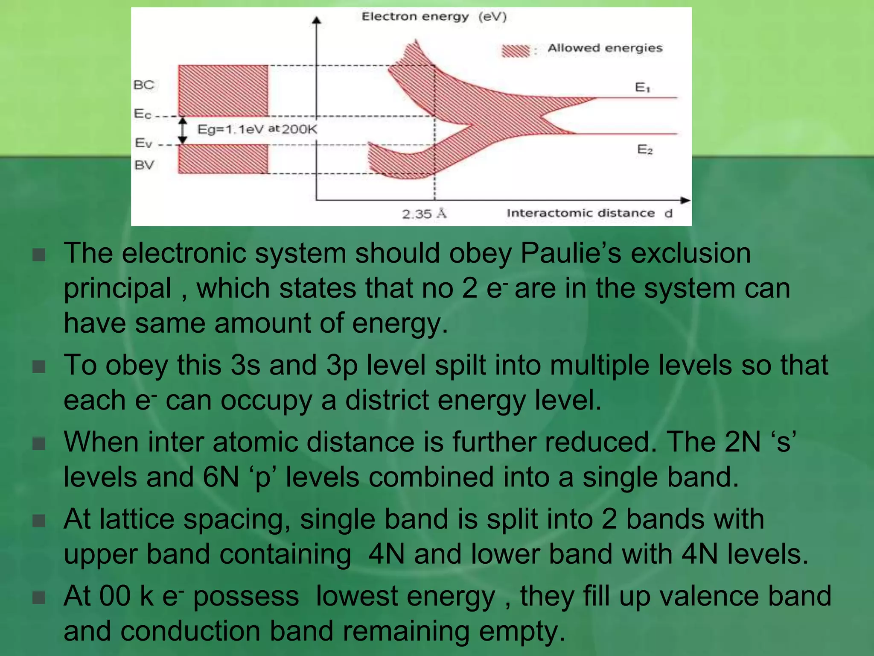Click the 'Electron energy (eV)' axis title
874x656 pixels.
[434, 17]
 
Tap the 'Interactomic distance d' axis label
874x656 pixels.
[589, 213]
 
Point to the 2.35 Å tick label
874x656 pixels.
[424, 214]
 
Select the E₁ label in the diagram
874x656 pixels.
[642, 88]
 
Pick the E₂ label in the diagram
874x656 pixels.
[644, 149]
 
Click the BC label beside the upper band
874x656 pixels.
[144, 85]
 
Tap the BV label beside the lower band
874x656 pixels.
[144, 165]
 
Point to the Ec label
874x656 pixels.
[143, 114]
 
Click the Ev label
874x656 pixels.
[143, 143]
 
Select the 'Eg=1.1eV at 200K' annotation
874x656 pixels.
[257, 129]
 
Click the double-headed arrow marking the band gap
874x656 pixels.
[183, 130]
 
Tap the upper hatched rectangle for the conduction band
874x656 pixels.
[223, 90]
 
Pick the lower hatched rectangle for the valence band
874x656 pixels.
[223, 158]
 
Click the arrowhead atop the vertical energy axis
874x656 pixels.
[316, 20]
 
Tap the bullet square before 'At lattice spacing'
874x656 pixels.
[39, 521]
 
